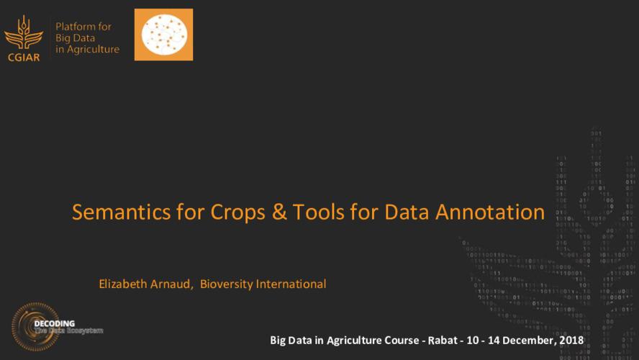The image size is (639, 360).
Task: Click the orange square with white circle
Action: (x=163, y=35)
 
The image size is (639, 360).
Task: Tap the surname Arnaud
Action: (x=173, y=284)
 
